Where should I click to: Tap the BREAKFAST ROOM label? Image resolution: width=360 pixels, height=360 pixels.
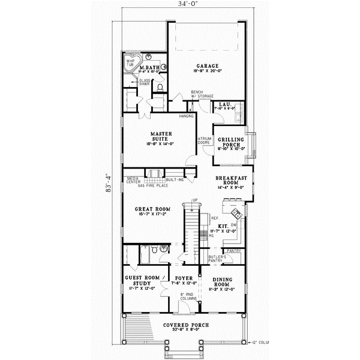click(231, 181)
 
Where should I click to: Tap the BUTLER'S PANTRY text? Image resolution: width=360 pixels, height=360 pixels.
click(217, 259)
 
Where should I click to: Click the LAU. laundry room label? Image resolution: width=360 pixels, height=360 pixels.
click(225, 104)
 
